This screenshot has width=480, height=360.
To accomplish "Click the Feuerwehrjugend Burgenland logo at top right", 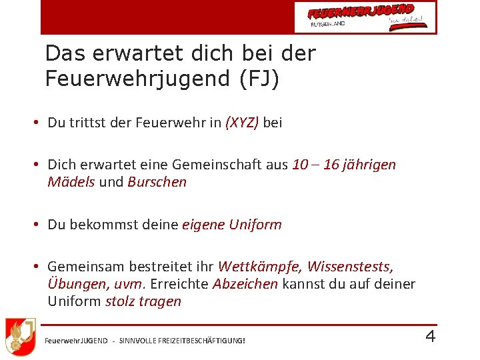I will (365, 17).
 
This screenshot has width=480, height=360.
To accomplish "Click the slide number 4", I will (430, 336).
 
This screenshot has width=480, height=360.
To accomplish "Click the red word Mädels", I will (71, 182).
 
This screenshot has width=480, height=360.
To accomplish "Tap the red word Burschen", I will (157, 182).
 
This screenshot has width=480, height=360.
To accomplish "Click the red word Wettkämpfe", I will (259, 267).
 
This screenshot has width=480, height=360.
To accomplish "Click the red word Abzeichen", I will (245, 284).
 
